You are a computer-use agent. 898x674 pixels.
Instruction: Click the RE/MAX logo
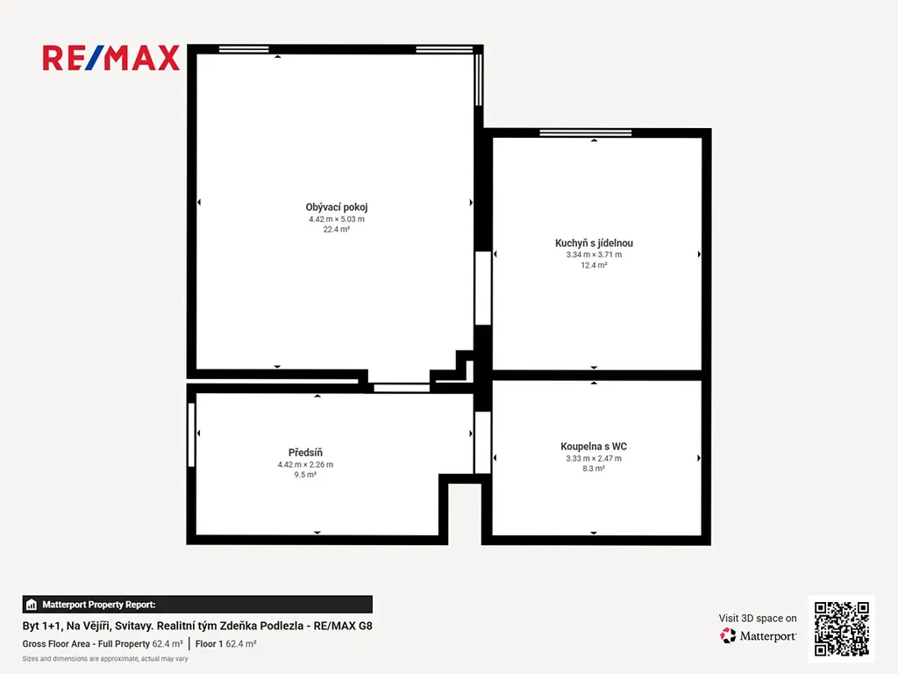click(111, 58)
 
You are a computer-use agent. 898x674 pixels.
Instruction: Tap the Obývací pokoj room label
click(337, 207)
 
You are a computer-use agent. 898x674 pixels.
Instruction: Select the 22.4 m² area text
click(337, 229)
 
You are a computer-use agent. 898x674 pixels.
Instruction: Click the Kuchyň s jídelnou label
click(594, 243)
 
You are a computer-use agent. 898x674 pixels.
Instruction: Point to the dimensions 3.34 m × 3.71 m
click(594, 255)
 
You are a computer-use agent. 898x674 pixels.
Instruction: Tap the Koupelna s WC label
click(594, 447)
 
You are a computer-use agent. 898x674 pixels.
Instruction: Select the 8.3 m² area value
click(594, 469)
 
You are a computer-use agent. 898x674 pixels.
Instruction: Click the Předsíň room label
click(305, 453)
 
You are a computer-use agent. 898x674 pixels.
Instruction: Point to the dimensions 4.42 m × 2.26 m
click(305, 465)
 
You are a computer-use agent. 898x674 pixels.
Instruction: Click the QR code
click(842, 628)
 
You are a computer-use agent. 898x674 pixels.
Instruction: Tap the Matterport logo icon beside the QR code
click(728, 635)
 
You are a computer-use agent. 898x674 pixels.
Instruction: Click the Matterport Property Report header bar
click(197, 605)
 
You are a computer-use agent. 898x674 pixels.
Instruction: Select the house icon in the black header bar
click(32, 605)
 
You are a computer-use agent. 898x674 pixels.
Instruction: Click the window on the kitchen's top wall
click(585, 133)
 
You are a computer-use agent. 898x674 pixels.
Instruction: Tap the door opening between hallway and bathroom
click(483, 442)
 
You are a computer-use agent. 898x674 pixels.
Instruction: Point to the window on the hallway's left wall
click(191, 434)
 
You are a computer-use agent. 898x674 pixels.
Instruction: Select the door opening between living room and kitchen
click(483, 288)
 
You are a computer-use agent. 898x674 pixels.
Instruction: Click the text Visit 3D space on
click(758, 619)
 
